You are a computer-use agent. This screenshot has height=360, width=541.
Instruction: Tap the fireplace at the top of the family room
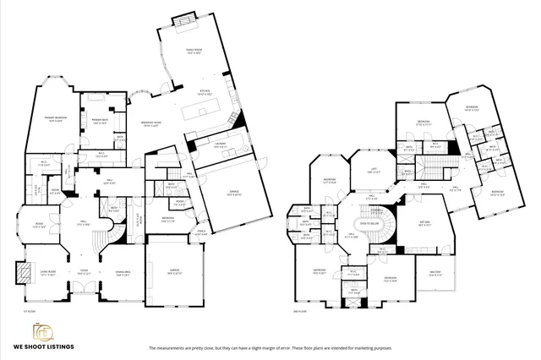point(182,19)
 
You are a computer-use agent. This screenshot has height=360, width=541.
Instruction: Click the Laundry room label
point(218,145)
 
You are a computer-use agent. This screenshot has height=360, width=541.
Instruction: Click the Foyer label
point(85,271)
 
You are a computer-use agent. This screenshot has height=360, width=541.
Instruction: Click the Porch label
point(201,231)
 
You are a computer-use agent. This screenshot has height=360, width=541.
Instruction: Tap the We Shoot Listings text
point(41,346)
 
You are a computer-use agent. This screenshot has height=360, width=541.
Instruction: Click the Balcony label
point(437,272)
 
